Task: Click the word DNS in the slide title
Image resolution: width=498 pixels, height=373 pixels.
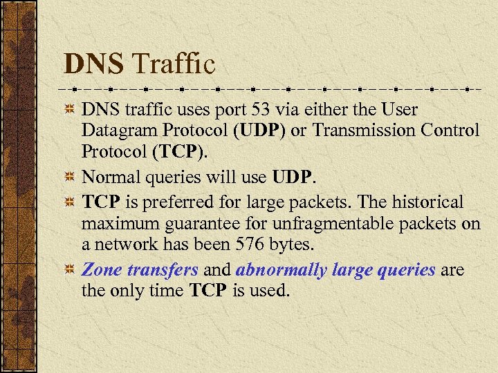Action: [x=93, y=65]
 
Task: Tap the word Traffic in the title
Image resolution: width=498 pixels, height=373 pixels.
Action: [x=173, y=65]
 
